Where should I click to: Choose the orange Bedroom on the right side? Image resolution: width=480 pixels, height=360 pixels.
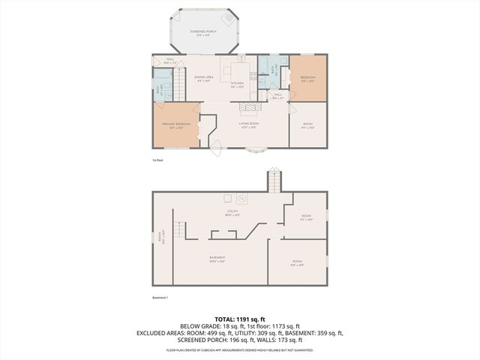(x=307, y=79)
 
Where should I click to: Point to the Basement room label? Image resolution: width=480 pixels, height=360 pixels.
(x=217, y=259)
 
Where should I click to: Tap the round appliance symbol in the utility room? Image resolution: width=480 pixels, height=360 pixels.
(x=242, y=199)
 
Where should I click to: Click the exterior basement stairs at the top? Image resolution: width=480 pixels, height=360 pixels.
(x=274, y=181)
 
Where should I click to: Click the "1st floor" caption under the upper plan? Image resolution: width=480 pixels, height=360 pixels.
(x=157, y=160)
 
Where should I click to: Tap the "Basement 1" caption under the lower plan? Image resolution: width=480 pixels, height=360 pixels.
(x=160, y=298)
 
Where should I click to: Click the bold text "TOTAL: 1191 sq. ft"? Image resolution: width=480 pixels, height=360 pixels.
(x=239, y=319)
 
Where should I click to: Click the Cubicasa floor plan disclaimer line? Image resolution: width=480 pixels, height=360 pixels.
(x=239, y=350)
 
